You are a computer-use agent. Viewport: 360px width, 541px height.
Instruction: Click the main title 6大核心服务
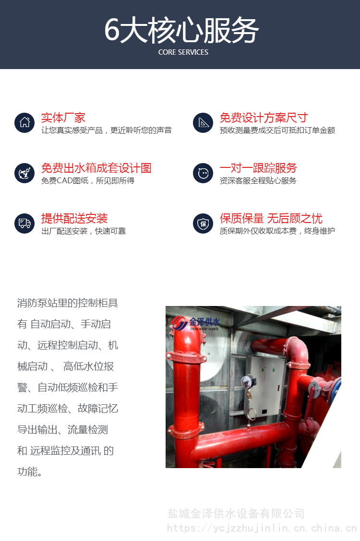pyautogui.click(x=181, y=30)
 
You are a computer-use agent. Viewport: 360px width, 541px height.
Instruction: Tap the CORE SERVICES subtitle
pyautogui.click(x=183, y=52)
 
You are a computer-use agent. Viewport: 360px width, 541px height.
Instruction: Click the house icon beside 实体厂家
pyautogui.click(x=24, y=122)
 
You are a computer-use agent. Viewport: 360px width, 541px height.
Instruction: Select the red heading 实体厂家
pyautogui.click(x=63, y=118)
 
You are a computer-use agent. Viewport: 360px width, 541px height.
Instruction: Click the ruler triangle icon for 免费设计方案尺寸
pyautogui.click(x=203, y=122)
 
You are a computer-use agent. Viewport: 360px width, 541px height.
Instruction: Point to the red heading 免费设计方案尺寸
pyautogui.click(x=264, y=118)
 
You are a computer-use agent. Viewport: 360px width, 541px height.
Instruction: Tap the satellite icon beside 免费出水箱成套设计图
pyautogui.click(x=24, y=173)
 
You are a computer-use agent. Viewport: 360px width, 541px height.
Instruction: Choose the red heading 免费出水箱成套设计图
pyautogui.click(x=96, y=168)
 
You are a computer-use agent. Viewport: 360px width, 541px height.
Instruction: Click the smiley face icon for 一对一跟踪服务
pyautogui.click(x=203, y=173)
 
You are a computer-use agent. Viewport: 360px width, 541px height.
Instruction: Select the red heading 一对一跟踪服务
pyautogui.click(x=258, y=168)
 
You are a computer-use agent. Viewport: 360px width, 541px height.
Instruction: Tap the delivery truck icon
pyautogui.click(x=24, y=223)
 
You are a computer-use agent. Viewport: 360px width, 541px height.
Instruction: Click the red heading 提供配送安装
pyautogui.click(x=74, y=218)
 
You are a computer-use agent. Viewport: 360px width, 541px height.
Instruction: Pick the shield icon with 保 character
pyautogui.click(x=203, y=223)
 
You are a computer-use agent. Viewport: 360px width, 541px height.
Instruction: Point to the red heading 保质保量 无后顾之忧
pyautogui.click(x=271, y=218)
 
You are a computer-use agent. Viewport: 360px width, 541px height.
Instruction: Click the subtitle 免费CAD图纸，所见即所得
pyautogui.click(x=88, y=180)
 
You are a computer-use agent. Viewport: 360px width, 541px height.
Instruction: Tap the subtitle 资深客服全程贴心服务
pyautogui.click(x=258, y=180)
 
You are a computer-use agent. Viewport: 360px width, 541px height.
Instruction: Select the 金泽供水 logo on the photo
pyautogui.click(x=195, y=324)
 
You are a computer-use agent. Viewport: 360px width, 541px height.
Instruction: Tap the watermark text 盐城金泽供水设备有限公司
pyautogui.click(x=236, y=514)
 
